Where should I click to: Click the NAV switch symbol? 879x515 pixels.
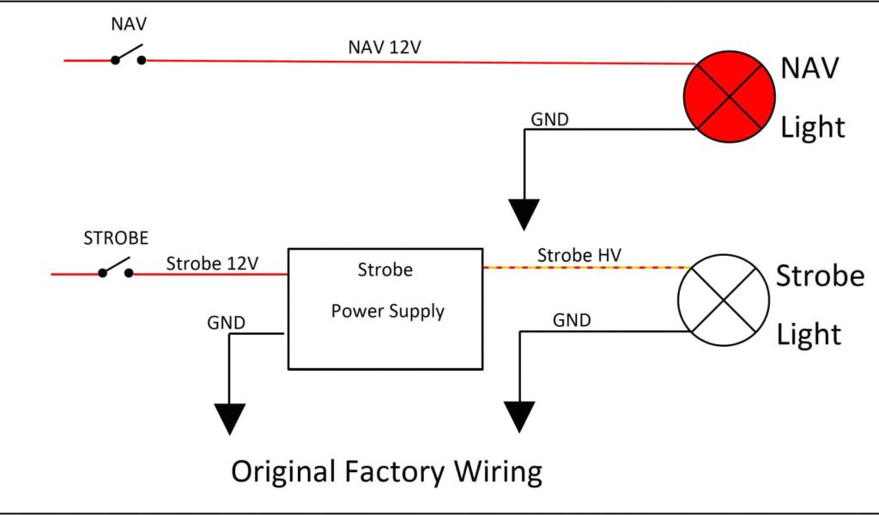[x=127, y=58]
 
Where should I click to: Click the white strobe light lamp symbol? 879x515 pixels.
[x=723, y=299]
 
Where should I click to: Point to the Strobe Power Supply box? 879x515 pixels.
[x=385, y=308]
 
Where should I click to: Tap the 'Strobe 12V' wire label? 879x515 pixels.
[x=212, y=263]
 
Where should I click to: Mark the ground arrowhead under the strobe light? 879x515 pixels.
[x=518, y=416]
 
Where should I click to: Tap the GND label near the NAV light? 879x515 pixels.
[x=549, y=119]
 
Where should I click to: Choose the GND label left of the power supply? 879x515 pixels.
[x=227, y=323]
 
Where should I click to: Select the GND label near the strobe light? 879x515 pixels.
[x=572, y=320]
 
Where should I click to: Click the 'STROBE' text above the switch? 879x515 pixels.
[x=116, y=239]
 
